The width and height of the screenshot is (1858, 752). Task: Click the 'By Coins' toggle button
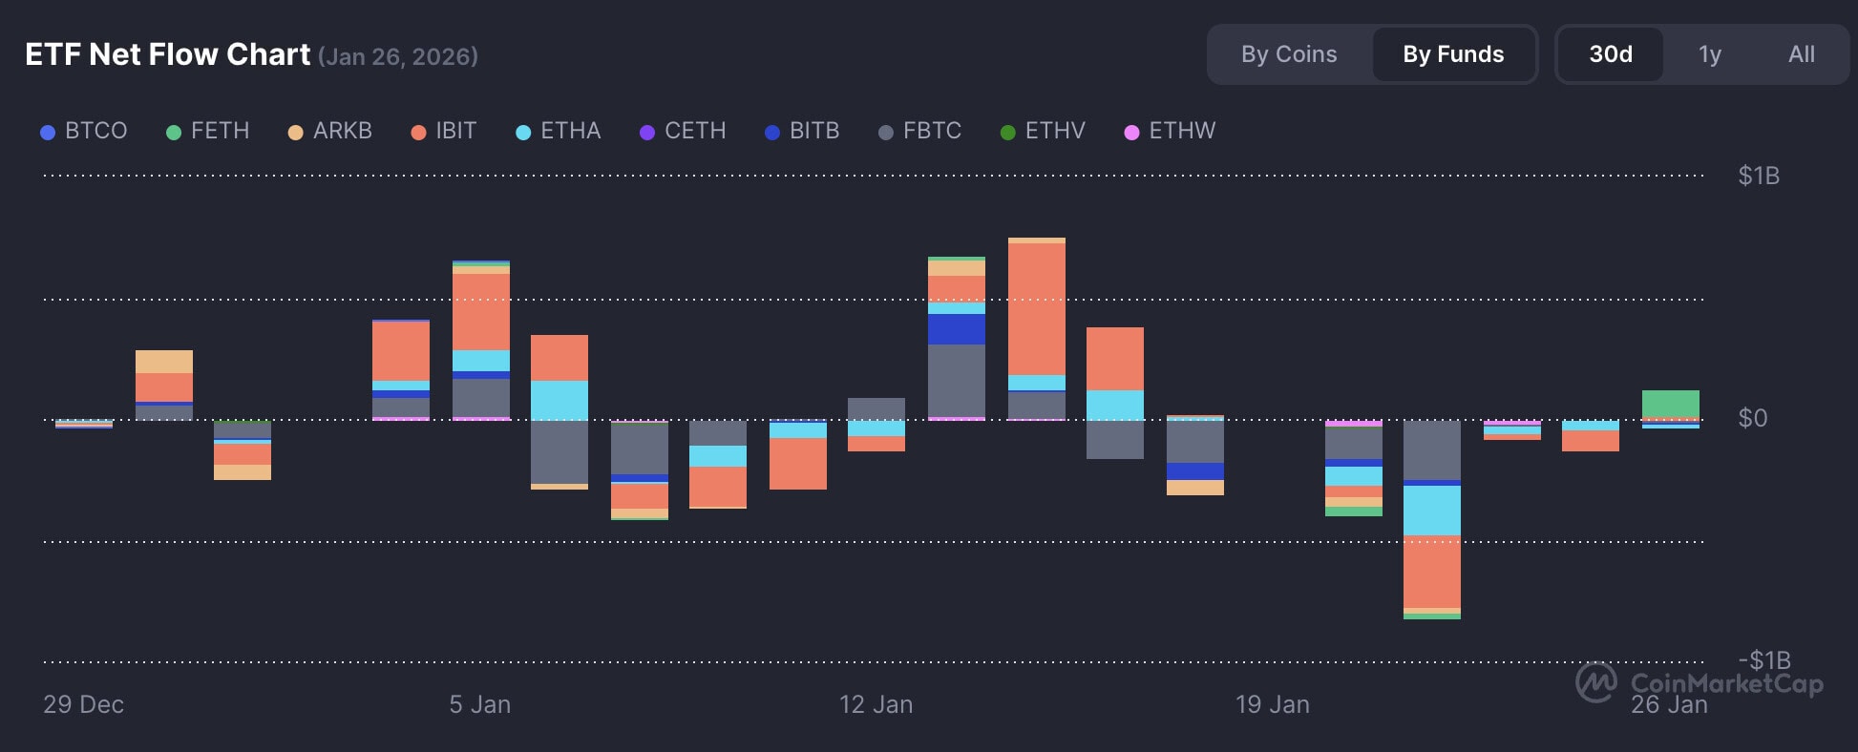[1289, 54]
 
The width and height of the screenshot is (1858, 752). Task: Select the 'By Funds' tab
[1453, 54]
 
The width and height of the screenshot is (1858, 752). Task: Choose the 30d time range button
[1611, 54]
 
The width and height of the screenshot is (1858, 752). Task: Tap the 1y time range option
[1710, 54]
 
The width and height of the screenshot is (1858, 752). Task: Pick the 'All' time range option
[1802, 54]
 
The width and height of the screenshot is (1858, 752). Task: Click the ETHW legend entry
[1171, 131]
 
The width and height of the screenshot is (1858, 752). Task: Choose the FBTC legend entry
[920, 131]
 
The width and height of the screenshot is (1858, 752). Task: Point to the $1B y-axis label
[1759, 176]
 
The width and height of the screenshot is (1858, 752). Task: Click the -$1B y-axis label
[1763, 659]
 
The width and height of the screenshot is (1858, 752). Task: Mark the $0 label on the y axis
[1752, 418]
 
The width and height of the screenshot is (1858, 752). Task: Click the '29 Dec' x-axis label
[83, 704]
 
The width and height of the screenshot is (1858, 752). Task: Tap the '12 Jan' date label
[876, 704]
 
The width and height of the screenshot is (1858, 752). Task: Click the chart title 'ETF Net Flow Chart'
[168, 54]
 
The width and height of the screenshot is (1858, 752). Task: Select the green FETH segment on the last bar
[1670, 404]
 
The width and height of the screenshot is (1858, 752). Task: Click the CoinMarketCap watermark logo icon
[1595, 682]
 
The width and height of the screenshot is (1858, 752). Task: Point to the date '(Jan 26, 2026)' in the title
[398, 57]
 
